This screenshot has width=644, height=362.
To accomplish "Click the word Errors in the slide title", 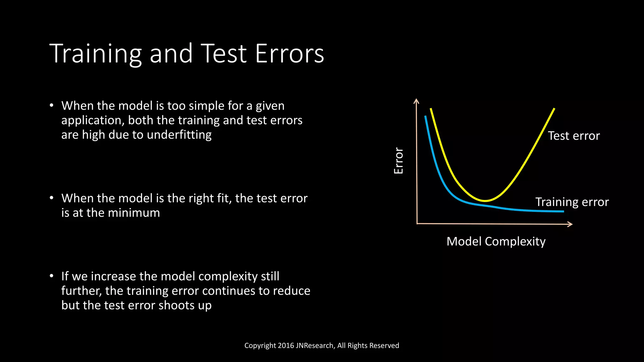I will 289,54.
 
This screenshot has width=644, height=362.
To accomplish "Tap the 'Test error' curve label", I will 574,136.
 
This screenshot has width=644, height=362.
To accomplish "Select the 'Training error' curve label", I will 572,202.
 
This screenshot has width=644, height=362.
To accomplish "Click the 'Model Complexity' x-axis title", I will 496,241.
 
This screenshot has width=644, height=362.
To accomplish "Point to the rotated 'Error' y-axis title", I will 398,161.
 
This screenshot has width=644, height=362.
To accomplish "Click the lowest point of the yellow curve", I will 485,200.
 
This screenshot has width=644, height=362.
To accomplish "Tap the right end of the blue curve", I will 563,211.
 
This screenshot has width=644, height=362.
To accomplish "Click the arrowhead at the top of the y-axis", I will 416,101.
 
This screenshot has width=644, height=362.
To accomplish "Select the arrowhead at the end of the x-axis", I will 570,224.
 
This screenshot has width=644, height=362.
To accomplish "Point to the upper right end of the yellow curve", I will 554,109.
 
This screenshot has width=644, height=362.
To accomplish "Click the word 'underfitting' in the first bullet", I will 179,135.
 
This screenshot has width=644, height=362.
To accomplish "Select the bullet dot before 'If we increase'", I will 52,276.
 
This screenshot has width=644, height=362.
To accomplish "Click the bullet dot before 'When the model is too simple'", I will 52,106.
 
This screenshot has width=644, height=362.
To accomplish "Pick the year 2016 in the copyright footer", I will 286,346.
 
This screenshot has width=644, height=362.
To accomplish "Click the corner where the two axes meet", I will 417,224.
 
